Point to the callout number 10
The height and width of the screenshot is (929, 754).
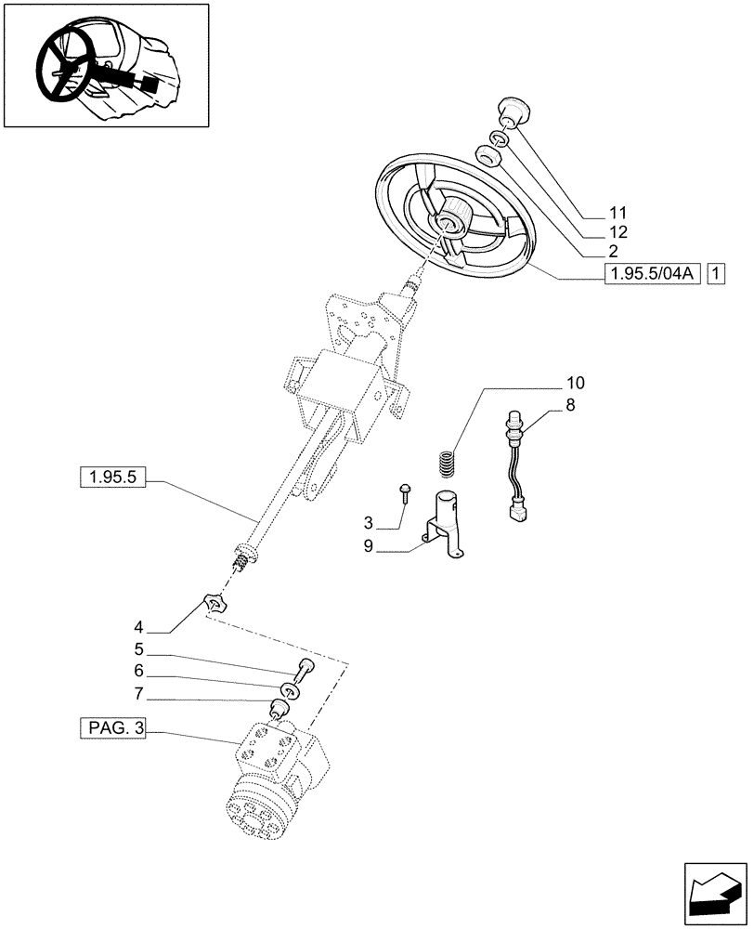coord(575,383)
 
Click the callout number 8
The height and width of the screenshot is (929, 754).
coord(569,404)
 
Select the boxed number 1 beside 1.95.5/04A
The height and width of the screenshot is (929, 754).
coord(716,273)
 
